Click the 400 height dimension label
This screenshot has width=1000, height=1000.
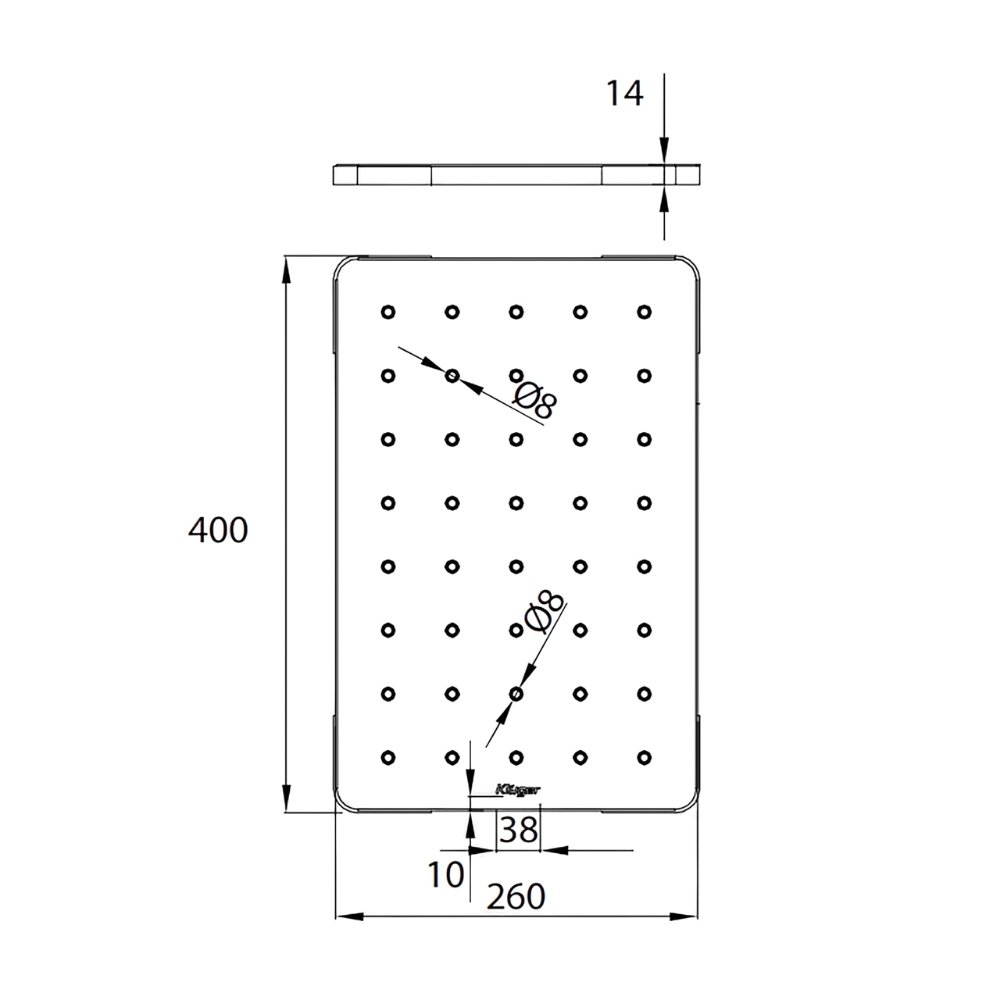(x=217, y=530)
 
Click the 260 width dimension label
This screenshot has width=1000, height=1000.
(x=515, y=896)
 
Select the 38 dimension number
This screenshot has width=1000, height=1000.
(x=518, y=829)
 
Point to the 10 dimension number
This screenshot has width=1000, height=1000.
(x=446, y=875)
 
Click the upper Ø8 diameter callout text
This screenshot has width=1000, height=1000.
(x=534, y=397)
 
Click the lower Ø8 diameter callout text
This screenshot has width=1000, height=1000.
(x=542, y=613)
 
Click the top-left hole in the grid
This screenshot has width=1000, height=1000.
(x=388, y=311)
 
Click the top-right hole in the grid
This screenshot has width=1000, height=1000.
(x=643, y=311)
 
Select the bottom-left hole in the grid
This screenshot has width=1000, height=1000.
(x=388, y=757)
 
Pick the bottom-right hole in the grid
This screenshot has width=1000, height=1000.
(x=643, y=757)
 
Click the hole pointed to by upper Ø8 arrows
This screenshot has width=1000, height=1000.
(x=452, y=375)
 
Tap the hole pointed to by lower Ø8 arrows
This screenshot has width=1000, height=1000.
(x=516, y=693)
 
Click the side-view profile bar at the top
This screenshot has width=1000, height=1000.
(x=516, y=174)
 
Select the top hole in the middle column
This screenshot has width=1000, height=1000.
(x=516, y=311)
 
